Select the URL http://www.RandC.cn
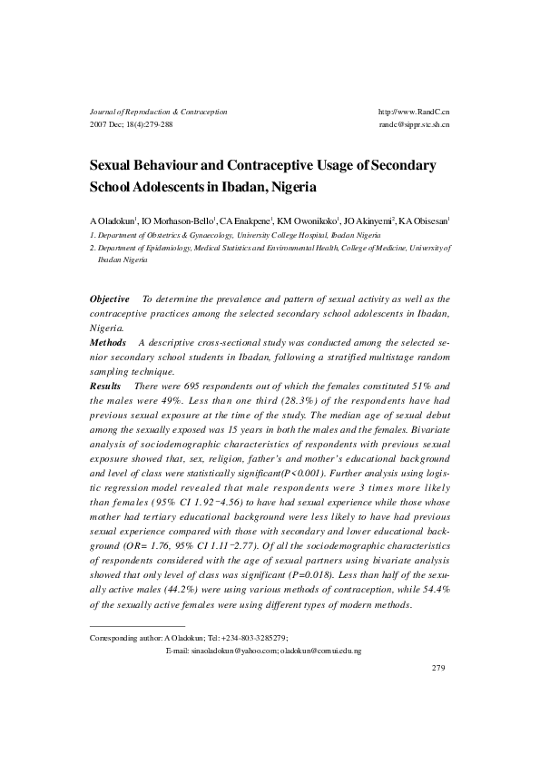click(x=413, y=112)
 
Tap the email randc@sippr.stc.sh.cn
click(x=414, y=124)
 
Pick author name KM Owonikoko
click(x=307, y=220)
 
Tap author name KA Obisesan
click(x=423, y=220)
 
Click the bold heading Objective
click(x=110, y=299)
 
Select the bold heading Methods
click(x=108, y=343)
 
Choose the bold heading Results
click(x=105, y=387)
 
